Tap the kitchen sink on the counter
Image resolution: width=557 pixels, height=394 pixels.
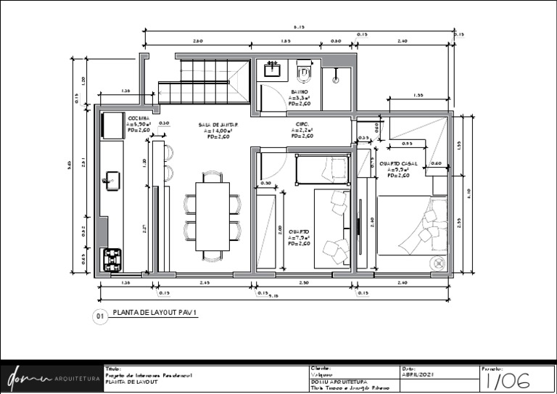112,181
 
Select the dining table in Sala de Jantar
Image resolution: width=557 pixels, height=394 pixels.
213,216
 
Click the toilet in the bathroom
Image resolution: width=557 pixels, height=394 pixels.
304,73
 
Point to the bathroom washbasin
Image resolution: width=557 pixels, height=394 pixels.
273,69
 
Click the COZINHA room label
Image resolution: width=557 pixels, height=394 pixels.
139,118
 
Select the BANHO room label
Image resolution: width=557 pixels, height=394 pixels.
300,93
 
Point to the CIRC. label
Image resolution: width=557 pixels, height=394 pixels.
302,124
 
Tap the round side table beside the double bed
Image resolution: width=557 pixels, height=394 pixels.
438,263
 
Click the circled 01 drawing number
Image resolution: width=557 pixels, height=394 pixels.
99,316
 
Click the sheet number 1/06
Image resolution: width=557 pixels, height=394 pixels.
507,381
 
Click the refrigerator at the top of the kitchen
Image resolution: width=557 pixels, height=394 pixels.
113,125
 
